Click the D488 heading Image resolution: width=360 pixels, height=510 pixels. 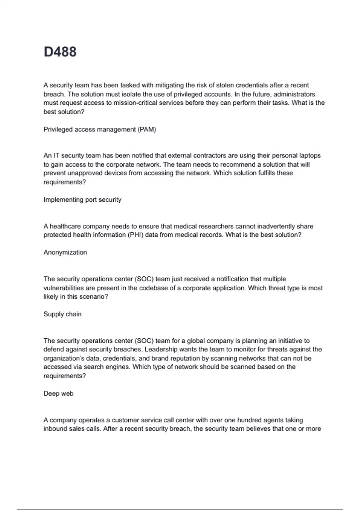tap(60, 52)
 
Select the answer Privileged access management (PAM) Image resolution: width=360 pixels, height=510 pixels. tap(100, 130)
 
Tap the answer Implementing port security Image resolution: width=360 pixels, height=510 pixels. tap(82, 200)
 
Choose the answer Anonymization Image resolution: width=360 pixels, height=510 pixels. tap(65, 253)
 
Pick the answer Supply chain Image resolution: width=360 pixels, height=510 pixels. tap(62, 314)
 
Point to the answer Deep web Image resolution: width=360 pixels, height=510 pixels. tap(58, 394)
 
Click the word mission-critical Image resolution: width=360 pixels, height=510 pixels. tap(136, 103)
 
